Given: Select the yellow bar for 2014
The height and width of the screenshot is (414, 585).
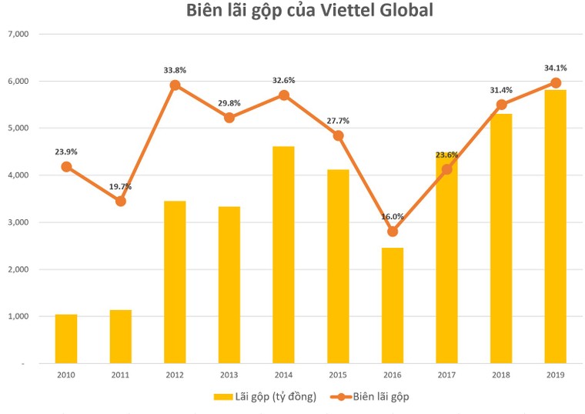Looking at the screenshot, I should click(283, 254).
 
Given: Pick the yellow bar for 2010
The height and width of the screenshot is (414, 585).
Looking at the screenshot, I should click(66, 339).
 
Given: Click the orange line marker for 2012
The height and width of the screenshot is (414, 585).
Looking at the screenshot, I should click(175, 85).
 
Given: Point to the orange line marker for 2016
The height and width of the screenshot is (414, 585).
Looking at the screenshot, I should click(393, 232).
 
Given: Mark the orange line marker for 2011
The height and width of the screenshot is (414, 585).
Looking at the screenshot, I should click(121, 202).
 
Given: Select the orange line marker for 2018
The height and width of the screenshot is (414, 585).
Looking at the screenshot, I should click(501, 105).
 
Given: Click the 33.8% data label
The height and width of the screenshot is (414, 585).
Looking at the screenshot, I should click(175, 70).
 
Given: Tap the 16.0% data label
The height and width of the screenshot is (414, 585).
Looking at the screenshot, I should click(393, 216).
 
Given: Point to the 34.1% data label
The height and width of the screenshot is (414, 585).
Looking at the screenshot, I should click(555, 67).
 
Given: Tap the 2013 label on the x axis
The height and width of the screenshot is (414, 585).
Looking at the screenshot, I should click(229, 375).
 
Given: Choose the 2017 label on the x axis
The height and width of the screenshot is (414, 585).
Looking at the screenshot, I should click(446, 375).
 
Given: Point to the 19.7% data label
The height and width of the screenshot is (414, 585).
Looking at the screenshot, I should click(121, 186).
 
